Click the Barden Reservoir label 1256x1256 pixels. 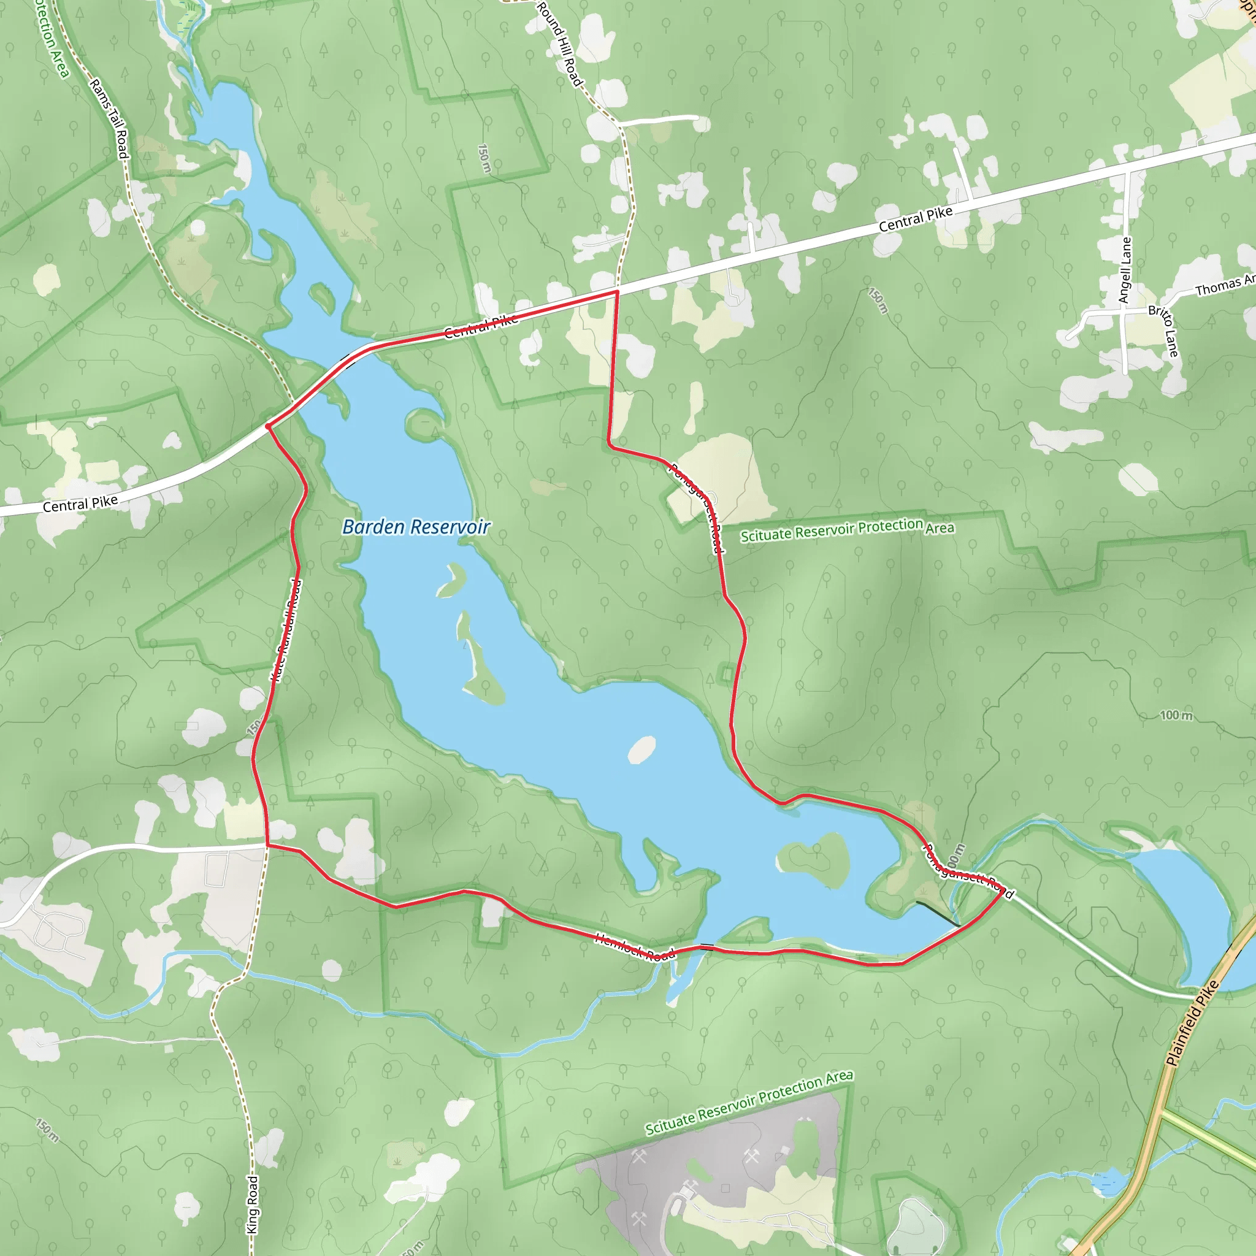416,527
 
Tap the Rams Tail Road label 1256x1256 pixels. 109,118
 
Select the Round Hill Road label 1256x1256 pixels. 559,44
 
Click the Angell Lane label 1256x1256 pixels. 1125,269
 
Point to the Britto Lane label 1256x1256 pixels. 1163,331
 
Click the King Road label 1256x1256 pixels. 253,1204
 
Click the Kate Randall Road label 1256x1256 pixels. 286,630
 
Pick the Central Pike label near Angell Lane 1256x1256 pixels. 916,218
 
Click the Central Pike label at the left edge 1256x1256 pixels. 80,503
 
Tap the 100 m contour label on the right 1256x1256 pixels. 1176,715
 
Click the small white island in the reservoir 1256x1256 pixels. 641,749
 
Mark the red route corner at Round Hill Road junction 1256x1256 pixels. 616,292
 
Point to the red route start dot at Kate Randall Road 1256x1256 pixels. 268,426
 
